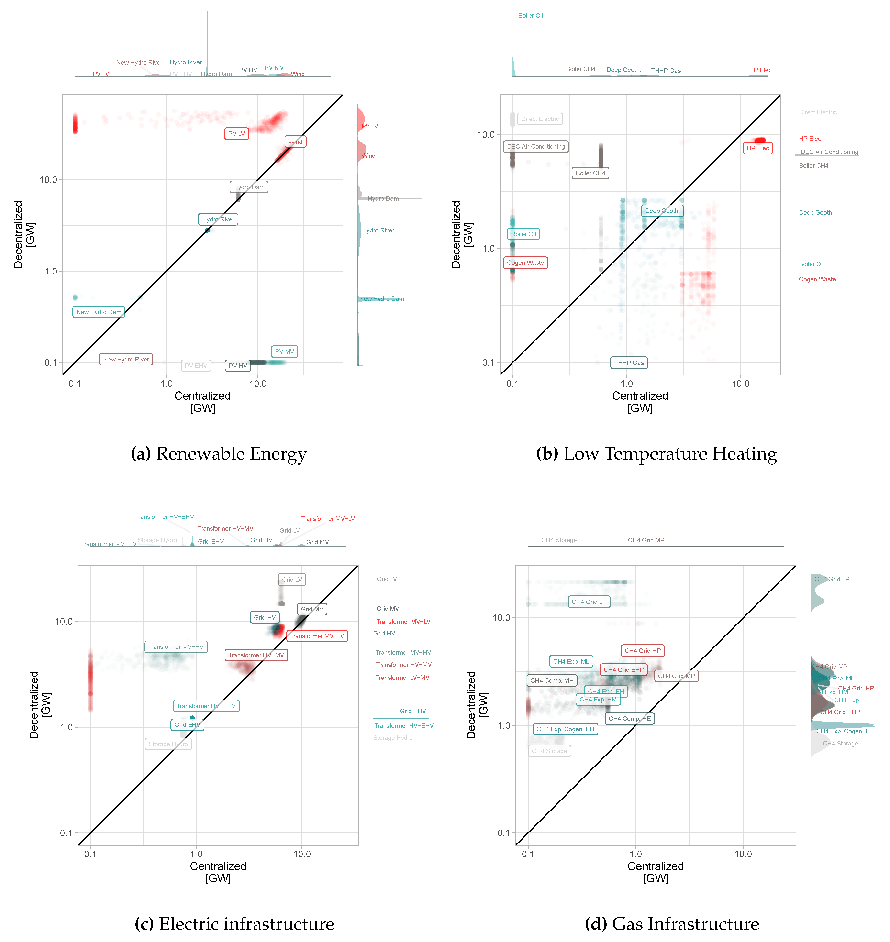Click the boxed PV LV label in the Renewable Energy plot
point(236,134)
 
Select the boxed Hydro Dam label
point(249,187)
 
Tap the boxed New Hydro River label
point(126,359)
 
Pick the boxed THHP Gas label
point(629,363)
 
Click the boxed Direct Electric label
point(540,119)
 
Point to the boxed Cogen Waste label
point(525,263)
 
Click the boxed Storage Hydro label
point(168,744)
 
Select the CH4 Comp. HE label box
point(629,719)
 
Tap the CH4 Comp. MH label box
point(552,681)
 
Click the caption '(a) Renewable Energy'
point(219,454)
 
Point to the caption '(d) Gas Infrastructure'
point(672,924)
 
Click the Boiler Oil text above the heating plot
point(530,16)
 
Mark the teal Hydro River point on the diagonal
point(207,230)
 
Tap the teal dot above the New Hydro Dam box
point(75,297)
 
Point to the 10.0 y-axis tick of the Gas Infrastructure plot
point(501,618)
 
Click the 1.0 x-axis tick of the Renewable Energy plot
point(167,384)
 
